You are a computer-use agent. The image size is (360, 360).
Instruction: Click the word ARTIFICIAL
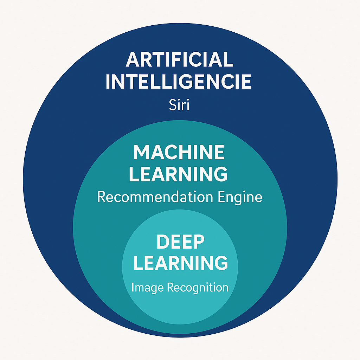[x=180, y=59]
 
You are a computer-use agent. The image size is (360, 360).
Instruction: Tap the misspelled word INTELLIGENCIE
[x=179, y=82]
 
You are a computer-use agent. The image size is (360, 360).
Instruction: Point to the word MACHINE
[x=179, y=153]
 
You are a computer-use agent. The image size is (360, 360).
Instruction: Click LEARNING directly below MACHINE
[x=179, y=174]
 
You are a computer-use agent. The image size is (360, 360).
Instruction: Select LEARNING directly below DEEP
[x=180, y=263]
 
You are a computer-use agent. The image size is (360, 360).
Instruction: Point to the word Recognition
[x=198, y=288]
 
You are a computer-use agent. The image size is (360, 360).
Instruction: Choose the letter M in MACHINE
[x=141, y=153]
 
